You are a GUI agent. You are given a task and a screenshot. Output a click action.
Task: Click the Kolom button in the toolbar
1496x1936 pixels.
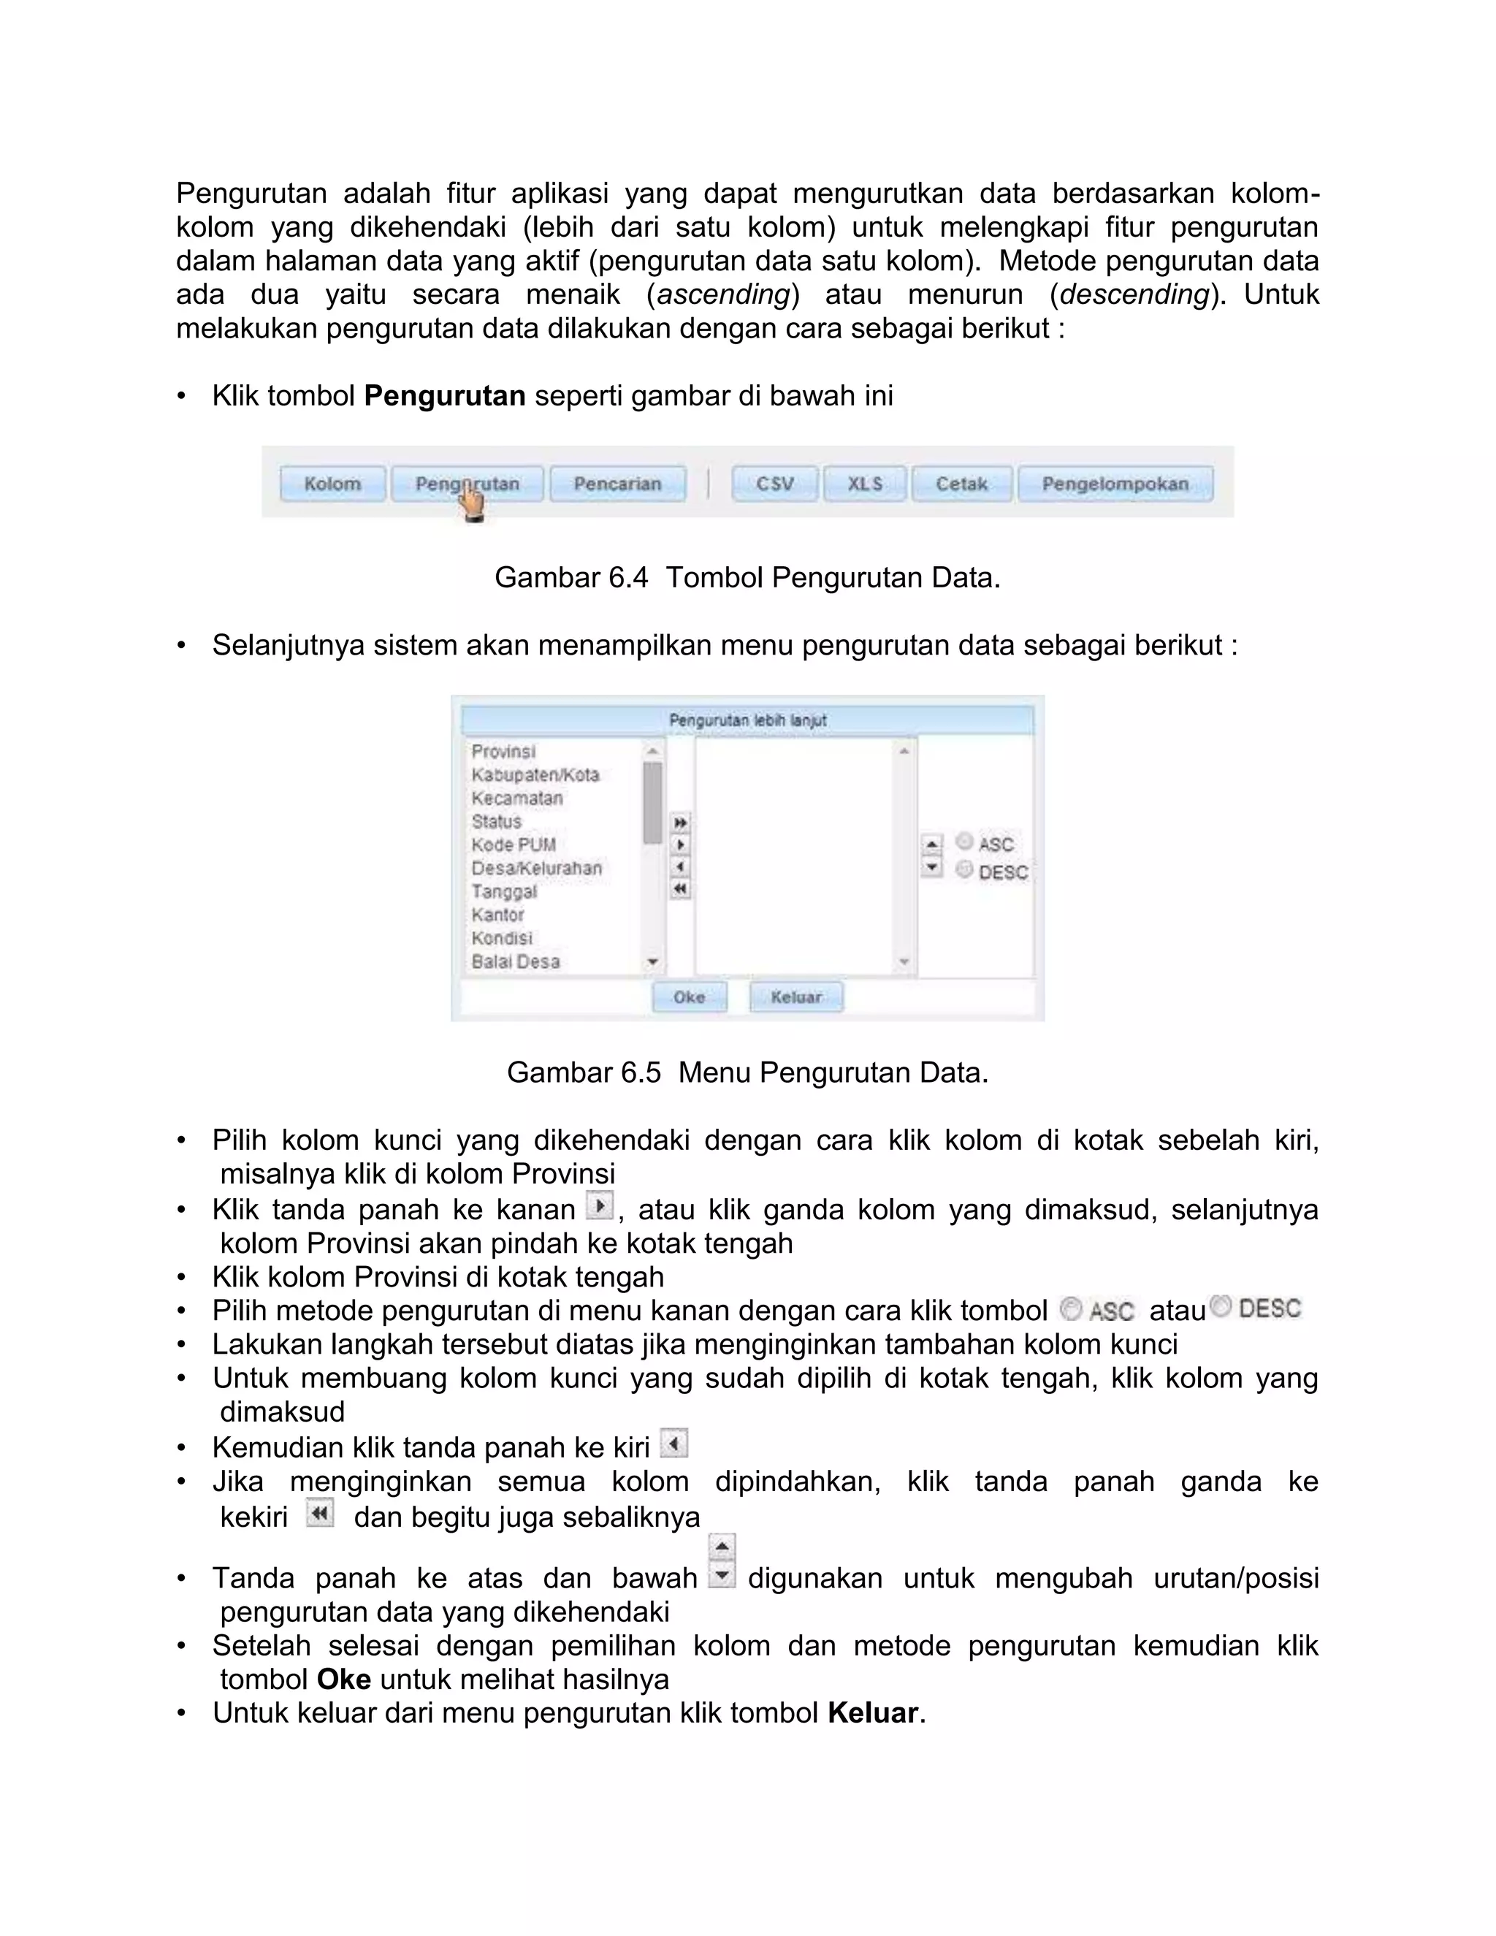pos(332,484)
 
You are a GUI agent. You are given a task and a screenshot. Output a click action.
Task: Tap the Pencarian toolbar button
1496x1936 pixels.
pos(618,484)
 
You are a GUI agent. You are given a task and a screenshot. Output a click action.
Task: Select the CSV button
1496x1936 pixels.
pos(774,484)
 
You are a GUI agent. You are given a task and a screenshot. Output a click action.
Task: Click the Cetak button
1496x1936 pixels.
pos(961,484)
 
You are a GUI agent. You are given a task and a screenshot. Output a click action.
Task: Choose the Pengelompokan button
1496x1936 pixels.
pos(1115,484)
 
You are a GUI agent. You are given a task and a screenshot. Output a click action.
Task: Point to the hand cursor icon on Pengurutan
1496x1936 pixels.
pos(473,506)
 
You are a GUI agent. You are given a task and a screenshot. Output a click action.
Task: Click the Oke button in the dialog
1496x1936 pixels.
pos(689,997)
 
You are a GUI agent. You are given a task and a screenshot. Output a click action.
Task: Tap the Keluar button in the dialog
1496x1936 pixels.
pos(796,997)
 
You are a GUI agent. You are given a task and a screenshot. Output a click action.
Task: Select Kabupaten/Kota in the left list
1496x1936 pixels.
pos(535,774)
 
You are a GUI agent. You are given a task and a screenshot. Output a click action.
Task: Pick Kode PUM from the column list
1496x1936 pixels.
pos(513,845)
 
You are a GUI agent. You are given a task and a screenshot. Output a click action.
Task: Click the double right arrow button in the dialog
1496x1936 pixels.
pos(680,823)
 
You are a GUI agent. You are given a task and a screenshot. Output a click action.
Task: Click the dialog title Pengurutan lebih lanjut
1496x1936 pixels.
pos(747,720)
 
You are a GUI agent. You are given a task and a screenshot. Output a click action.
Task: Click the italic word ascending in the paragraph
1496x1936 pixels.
pos(723,294)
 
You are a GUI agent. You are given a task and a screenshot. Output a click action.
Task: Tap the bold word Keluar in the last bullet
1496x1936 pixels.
pos(872,1712)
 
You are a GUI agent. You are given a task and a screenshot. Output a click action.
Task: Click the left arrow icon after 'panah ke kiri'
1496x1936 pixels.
pos(673,1445)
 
